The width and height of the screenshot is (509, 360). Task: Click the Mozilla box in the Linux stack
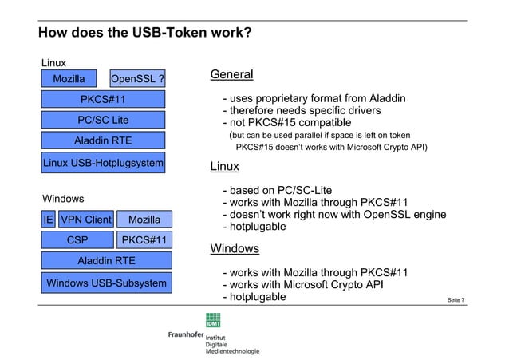click(69, 79)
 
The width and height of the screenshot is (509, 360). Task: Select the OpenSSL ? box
click(137, 79)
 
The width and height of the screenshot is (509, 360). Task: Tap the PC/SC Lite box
click(103, 120)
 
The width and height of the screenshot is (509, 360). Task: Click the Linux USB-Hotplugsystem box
click(103, 163)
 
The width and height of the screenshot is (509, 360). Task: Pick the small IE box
click(48, 220)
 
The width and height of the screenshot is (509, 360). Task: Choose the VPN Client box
click(86, 220)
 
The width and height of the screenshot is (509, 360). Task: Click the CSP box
click(77, 239)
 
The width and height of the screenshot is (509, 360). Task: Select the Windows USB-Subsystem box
click(106, 283)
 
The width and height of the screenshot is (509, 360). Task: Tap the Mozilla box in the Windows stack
click(144, 220)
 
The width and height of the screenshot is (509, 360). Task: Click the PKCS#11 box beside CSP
click(144, 239)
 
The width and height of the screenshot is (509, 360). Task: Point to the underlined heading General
click(232, 74)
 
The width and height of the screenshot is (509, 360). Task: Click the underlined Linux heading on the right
click(225, 166)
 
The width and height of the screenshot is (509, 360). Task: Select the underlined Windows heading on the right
click(235, 248)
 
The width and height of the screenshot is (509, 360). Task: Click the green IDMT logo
click(213, 320)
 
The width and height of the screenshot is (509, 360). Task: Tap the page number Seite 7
click(456, 300)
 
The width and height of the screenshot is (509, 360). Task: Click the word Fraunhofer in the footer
click(186, 334)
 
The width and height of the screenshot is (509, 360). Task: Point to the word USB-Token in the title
click(169, 32)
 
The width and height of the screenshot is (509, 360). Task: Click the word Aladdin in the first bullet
click(388, 98)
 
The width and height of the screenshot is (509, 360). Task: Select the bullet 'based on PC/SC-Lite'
click(278, 190)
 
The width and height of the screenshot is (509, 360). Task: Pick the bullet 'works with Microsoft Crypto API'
click(303, 285)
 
